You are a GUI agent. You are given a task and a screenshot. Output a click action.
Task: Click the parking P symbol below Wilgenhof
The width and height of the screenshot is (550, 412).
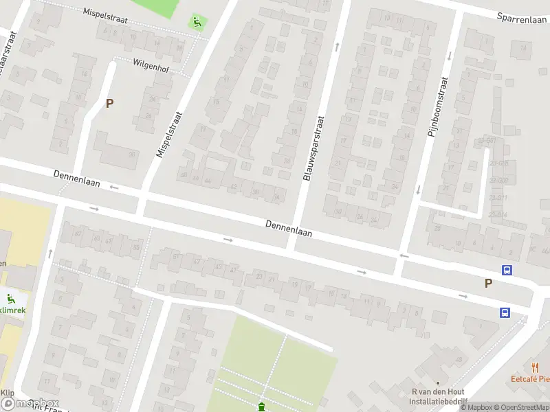(x=109, y=104)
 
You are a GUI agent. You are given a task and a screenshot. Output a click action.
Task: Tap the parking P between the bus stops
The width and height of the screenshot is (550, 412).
(x=488, y=283)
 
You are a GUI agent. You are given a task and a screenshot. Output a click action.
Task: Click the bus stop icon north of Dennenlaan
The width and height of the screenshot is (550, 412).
(x=507, y=271)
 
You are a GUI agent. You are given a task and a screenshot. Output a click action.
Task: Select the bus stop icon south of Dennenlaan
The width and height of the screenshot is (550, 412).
(x=505, y=313)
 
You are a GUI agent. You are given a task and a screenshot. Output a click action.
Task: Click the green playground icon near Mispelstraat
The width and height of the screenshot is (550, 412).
(x=197, y=22)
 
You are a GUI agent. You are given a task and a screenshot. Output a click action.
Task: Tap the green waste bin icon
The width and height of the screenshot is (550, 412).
(x=261, y=407)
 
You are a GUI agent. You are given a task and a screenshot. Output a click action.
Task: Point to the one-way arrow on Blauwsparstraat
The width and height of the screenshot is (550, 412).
(x=337, y=47)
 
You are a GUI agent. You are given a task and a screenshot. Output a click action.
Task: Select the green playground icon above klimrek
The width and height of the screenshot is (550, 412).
(x=10, y=299)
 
